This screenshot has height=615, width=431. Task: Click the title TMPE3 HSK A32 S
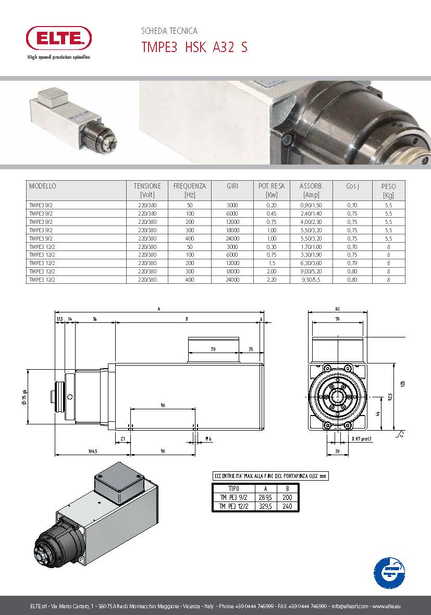click(x=194, y=47)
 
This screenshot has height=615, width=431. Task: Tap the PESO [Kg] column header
click(x=388, y=190)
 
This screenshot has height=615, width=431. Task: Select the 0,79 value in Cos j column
click(x=352, y=263)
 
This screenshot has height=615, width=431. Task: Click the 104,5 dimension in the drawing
click(x=92, y=451)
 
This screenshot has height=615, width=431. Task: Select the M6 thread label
click(x=208, y=439)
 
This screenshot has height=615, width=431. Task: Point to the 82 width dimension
click(x=338, y=309)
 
